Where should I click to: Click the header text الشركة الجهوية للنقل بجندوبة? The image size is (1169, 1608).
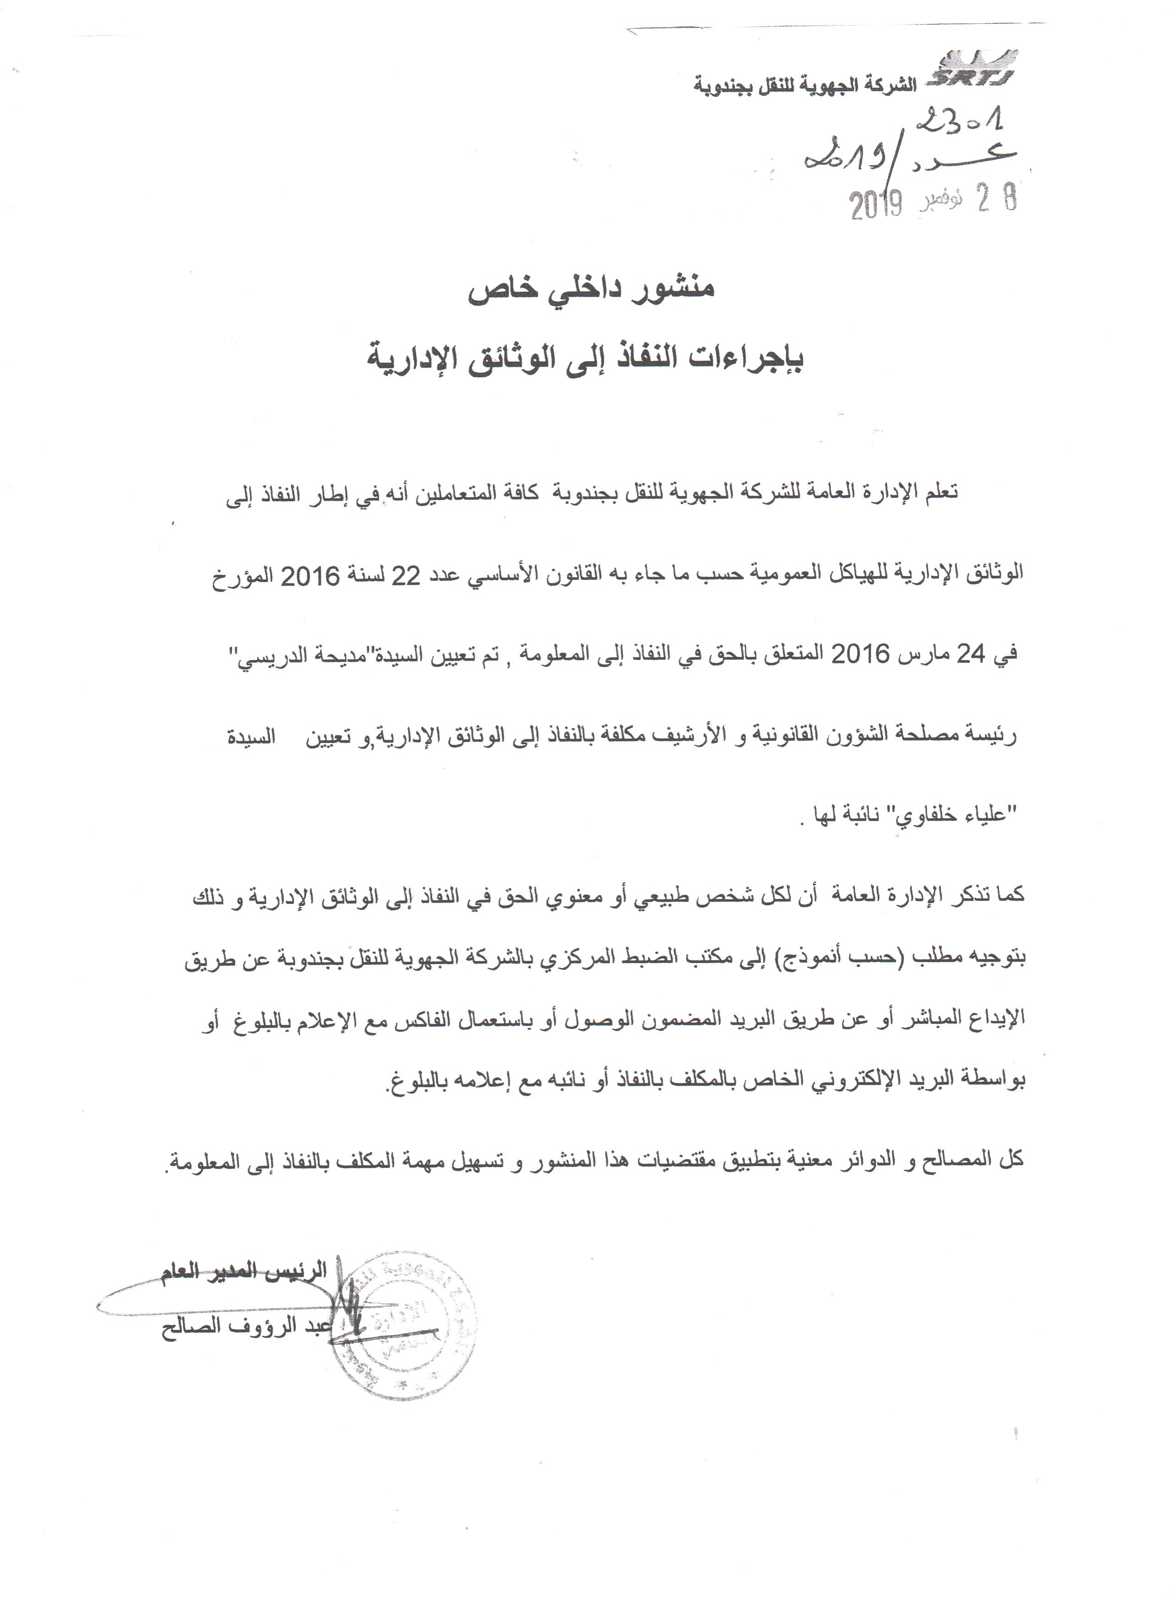click(804, 87)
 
